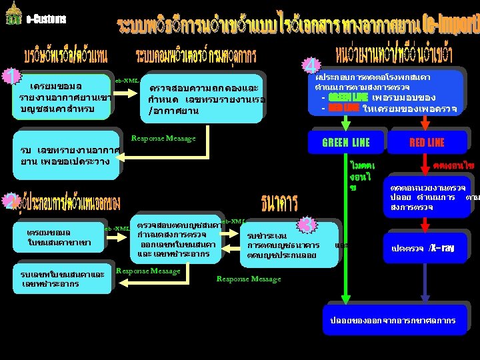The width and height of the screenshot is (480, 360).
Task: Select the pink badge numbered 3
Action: click(x=306, y=224)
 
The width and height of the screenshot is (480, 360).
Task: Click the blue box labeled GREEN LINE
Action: click(x=345, y=142)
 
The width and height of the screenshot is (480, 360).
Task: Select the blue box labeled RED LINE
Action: click(x=427, y=142)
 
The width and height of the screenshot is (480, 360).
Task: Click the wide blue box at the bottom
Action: click(x=393, y=320)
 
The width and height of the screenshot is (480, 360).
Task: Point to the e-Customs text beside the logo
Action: click(x=46, y=19)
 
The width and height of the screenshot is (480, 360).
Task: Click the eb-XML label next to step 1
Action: click(x=126, y=80)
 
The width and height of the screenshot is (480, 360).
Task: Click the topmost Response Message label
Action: click(x=163, y=138)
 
